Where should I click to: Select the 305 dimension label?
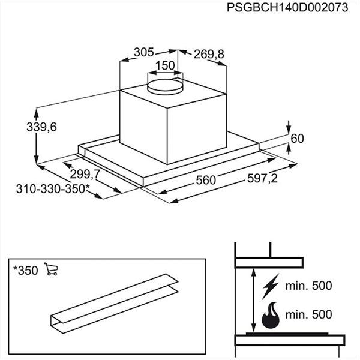pyautogui.click(x=144, y=52)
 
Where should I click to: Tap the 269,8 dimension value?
pyautogui.click(x=209, y=55)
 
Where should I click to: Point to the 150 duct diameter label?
pyautogui.click(x=165, y=65)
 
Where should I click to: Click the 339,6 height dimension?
pyautogui.click(x=24, y=127)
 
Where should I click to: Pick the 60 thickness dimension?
pyautogui.click(x=298, y=139)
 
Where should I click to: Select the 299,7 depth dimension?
pyautogui.click(x=80, y=175)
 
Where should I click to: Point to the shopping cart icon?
pyautogui.click(x=51, y=270)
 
